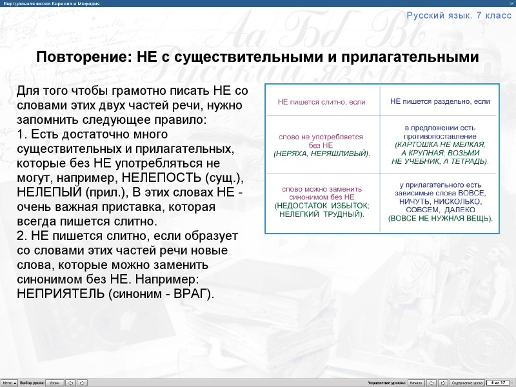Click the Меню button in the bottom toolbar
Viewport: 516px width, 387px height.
tap(8, 382)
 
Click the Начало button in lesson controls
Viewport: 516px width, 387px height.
tap(416, 382)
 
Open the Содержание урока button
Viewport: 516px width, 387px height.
tap(467, 382)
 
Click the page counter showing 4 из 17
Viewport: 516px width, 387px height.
tap(497, 382)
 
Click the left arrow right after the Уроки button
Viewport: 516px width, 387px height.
tap(71, 382)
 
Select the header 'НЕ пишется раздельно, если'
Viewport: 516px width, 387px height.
tap(440, 101)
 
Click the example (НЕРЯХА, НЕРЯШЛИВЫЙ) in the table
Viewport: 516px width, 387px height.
tap(321, 154)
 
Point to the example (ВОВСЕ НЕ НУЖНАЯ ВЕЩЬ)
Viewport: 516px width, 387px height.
tap(440, 218)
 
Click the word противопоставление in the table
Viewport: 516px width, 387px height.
tap(440, 137)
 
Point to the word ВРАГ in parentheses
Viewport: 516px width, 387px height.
tap(192, 293)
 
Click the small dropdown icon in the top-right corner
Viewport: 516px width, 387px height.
tap(510, 3)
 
